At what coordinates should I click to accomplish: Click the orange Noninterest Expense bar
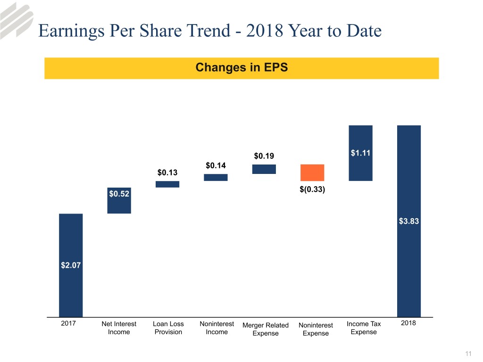coord(312,173)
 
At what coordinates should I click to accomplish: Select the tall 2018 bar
coord(409,221)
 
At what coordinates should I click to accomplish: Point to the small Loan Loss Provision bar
coord(167,184)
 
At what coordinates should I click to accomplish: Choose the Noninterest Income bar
coord(216,177)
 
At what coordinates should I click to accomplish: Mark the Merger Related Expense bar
coord(264,169)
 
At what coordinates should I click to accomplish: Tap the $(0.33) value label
coord(313,189)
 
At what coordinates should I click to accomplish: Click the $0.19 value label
coord(264,156)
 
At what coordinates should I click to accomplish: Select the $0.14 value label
coord(216,165)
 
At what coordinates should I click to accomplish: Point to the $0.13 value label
coord(167,173)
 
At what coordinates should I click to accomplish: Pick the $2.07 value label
coord(71,265)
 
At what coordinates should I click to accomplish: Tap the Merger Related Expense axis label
coord(265,329)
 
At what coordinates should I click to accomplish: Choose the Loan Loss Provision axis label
coord(168,328)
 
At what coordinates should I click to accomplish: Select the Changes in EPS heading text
coord(241,67)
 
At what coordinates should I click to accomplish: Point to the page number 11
coord(468,354)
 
